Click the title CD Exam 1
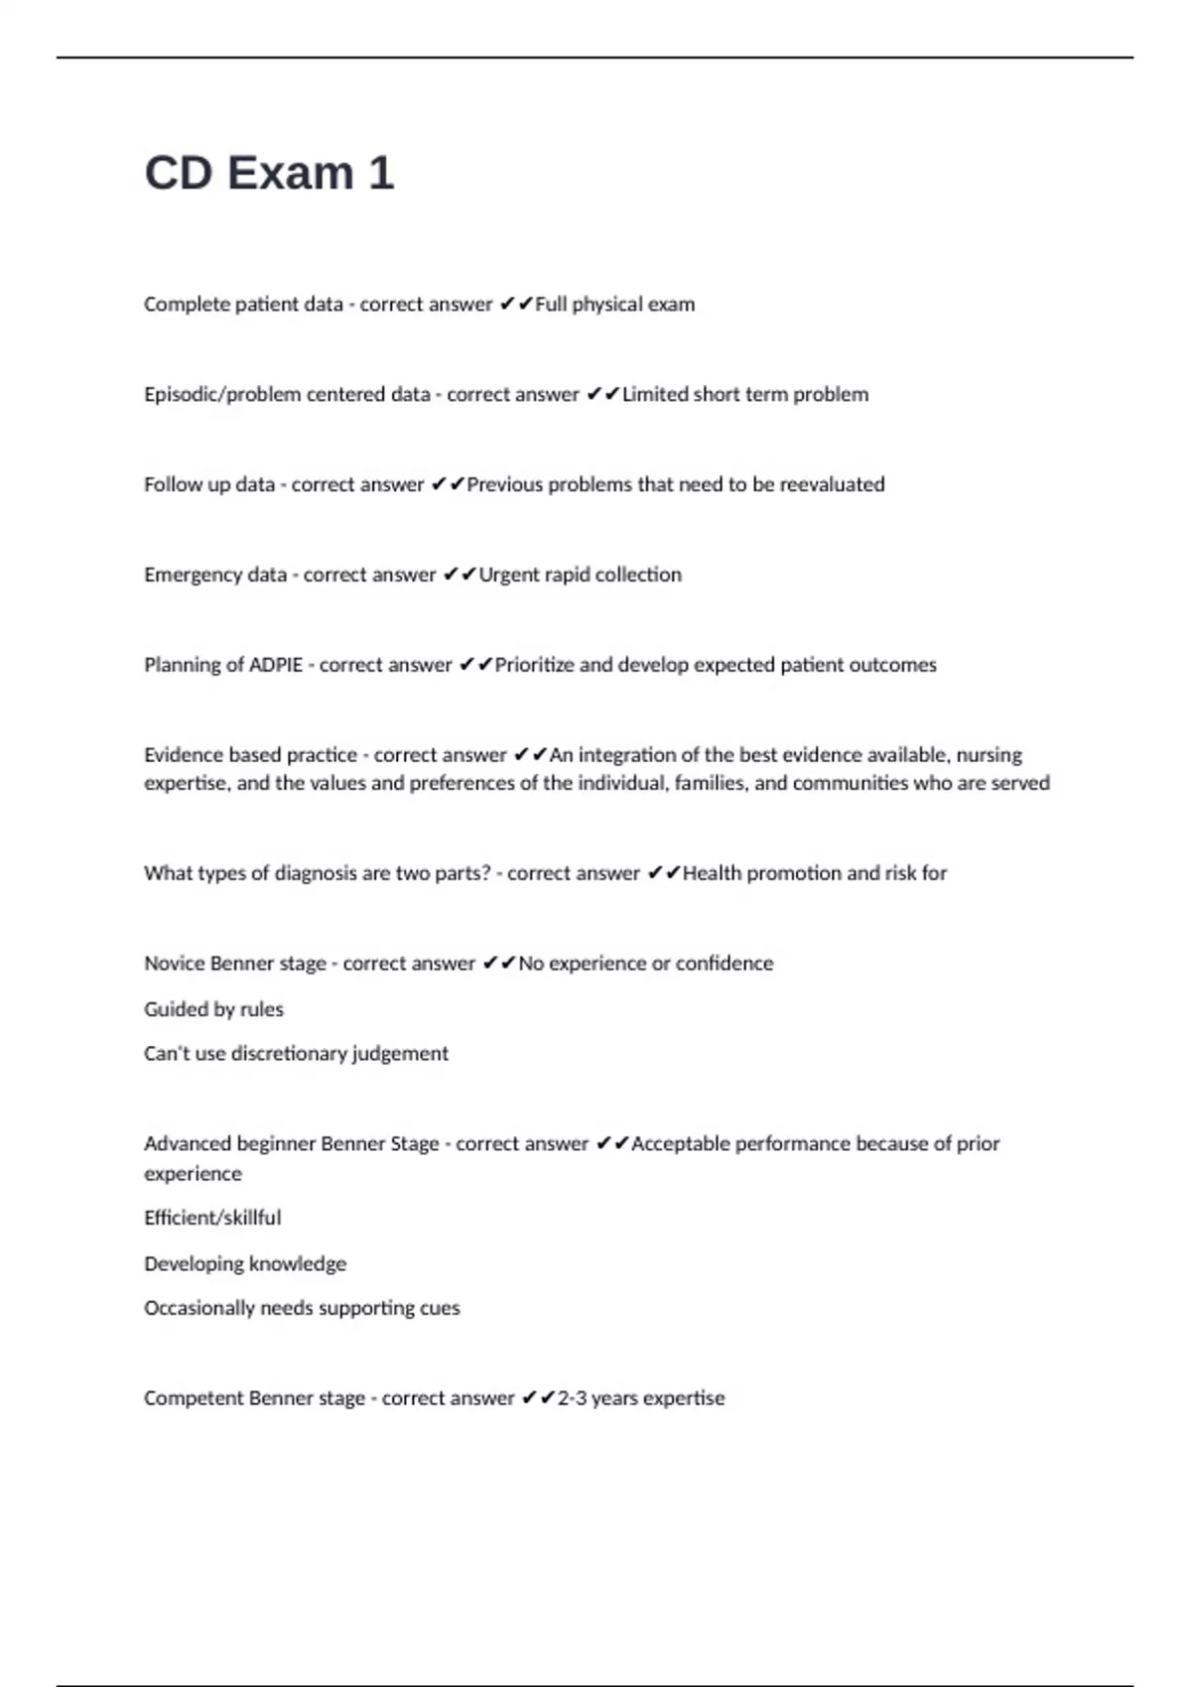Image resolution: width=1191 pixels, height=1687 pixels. [269, 173]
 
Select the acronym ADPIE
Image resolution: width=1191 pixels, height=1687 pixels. [276, 665]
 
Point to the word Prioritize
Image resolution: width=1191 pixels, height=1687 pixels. [534, 665]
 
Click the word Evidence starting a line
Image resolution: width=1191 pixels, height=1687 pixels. [183, 755]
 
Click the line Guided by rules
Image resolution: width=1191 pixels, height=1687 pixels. [213, 1009]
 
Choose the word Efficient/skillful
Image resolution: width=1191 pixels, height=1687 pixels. [212, 1218]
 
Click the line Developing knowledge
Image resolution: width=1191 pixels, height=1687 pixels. [245, 1263]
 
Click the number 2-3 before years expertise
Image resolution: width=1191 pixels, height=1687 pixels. [572, 1398]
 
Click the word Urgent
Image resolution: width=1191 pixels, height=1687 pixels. [507, 576]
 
